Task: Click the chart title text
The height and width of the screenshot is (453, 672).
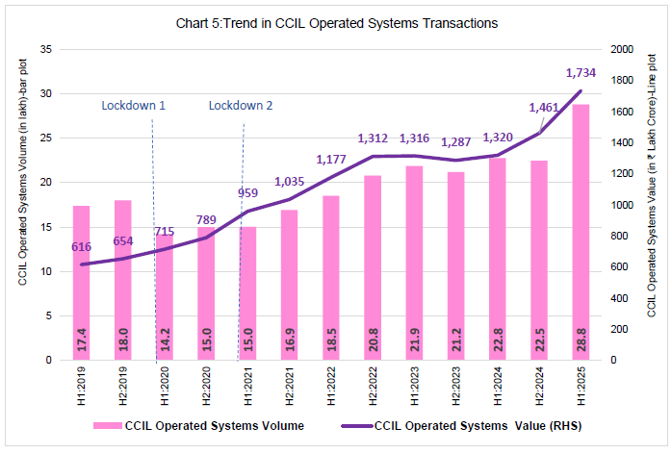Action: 336,21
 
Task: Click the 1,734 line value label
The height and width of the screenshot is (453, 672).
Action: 582,72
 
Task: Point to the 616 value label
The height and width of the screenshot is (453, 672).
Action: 83,247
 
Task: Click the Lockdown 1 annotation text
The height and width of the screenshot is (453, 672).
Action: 134,105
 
